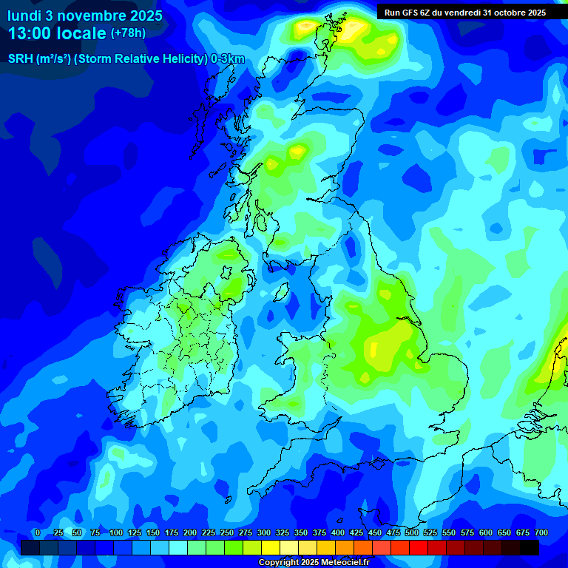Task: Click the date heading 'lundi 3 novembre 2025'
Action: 85,16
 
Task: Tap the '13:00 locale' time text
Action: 58,33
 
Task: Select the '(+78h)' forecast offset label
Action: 128,33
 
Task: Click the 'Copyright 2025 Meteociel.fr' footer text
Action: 314,562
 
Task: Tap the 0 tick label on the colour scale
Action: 38,532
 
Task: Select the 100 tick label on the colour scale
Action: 115,532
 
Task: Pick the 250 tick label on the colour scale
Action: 227,532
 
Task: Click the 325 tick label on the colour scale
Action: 283,532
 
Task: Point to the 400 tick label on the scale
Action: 338,532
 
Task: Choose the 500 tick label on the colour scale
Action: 412,532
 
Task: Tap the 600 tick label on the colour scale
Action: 486,532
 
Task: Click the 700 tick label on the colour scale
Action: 541,532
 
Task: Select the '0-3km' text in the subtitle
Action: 228,59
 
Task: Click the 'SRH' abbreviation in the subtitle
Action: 20,59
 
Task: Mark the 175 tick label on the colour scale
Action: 172,532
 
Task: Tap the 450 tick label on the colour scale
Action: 375,532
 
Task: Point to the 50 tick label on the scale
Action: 77,532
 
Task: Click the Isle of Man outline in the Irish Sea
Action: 282,291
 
